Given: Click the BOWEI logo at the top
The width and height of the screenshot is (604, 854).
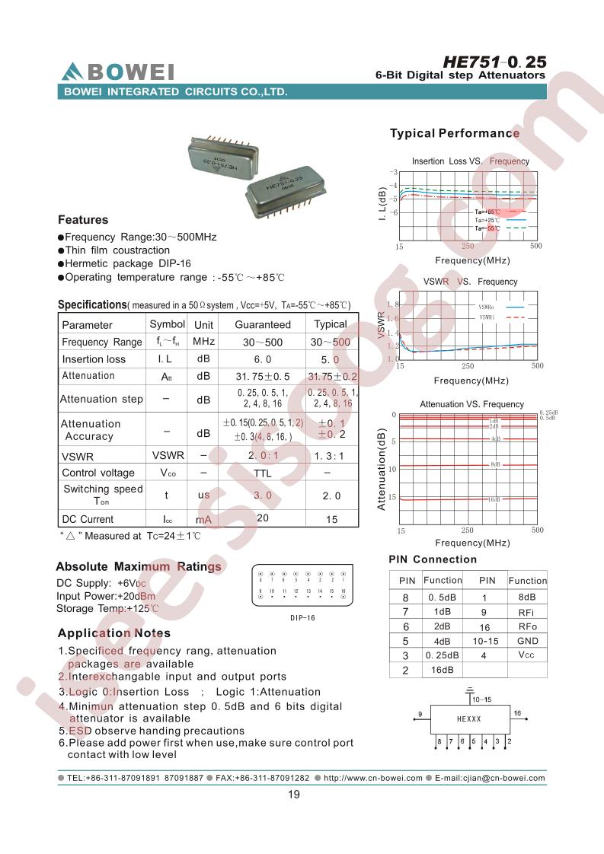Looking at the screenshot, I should (x=118, y=72).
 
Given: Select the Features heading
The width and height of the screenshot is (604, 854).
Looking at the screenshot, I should (x=83, y=220).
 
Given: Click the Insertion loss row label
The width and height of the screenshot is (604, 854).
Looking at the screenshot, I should (x=94, y=359).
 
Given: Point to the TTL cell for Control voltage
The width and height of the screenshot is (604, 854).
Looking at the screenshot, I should (x=263, y=473).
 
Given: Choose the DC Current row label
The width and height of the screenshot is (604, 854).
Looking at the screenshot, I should (x=88, y=519).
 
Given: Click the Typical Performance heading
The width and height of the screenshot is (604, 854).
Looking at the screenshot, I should (x=454, y=133).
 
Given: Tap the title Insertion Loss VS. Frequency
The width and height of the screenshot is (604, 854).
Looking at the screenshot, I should (x=470, y=161).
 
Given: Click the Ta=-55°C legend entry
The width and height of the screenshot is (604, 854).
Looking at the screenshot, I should (x=487, y=228).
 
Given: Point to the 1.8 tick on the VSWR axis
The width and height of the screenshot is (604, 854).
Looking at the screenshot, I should (x=393, y=304).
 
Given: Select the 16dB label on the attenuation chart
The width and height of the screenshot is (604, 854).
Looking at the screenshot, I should (x=494, y=499).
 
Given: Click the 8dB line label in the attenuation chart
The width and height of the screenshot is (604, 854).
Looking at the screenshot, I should (x=494, y=464).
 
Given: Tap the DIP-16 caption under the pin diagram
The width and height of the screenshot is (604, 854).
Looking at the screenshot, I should (x=302, y=618).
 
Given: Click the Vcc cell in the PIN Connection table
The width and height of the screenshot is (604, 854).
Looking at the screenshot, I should (x=526, y=655).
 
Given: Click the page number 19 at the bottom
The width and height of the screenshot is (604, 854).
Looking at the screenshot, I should (x=294, y=795).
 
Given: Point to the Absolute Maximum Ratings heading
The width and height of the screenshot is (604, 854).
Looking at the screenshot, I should (x=139, y=567).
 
